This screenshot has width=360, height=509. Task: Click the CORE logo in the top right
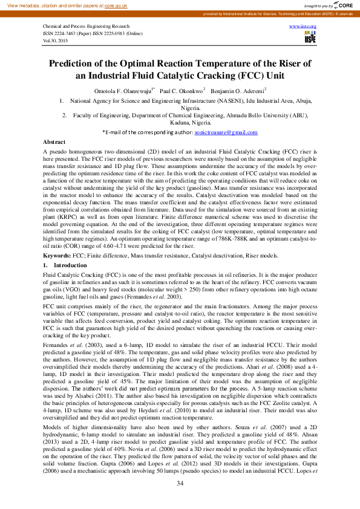pos(342,4)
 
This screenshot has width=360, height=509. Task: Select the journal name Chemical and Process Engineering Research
pos(86,27)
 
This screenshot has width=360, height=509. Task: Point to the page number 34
pos(180,483)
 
